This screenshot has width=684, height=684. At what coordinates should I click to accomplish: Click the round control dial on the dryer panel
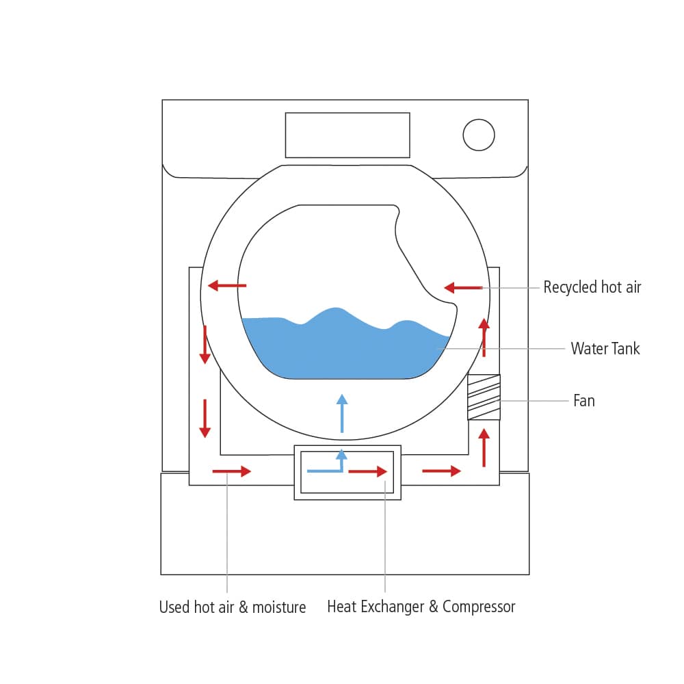tap(479, 134)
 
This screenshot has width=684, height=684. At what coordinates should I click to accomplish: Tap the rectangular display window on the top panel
tap(347, 135)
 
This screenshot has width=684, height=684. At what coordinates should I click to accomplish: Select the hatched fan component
tap(484, 397)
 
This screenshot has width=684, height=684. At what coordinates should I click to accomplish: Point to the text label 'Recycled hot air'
tap(592, 287)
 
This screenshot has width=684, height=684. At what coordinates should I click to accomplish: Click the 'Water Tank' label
tap(605, 349)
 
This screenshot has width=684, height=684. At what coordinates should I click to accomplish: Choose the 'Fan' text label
tap(583, 401)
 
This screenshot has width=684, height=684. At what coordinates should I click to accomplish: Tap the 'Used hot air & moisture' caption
tap(233, 607)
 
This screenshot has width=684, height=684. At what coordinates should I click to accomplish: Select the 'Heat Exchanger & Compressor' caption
tap(421, 607)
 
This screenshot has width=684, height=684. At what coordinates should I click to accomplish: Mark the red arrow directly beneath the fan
tap(484, 446)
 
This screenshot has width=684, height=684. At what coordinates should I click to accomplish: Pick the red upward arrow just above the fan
tap(484, 337)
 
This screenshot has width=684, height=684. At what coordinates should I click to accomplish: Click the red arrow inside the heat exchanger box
tap(368, 471)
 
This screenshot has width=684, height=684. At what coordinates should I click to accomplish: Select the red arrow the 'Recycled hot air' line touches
tap(463, 288)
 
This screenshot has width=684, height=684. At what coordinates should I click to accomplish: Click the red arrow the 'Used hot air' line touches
tap(232, 471)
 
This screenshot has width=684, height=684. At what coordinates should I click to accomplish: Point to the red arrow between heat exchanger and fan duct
tap(442, 471)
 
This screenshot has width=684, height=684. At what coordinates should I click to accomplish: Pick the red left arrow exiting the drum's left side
tap(227, 285)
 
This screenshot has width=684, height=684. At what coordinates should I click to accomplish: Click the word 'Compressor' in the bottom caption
tap(479, 607)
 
